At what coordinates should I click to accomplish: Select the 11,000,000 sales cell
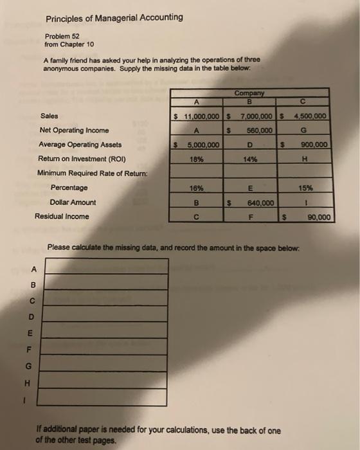[x=201, y=116]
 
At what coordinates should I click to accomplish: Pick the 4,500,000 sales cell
[x=310, y=116]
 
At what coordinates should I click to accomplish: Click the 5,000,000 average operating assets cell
[x=201, y=145]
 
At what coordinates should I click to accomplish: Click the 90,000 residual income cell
[x=319, y=217]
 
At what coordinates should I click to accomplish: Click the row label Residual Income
[x=62, y=217]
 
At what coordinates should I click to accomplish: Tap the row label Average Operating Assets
[x=80, y=145]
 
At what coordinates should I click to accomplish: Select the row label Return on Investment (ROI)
[x=82, y=159]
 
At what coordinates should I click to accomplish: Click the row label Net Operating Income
[x=75, y=130]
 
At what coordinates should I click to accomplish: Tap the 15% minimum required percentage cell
[x=306, y=188]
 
